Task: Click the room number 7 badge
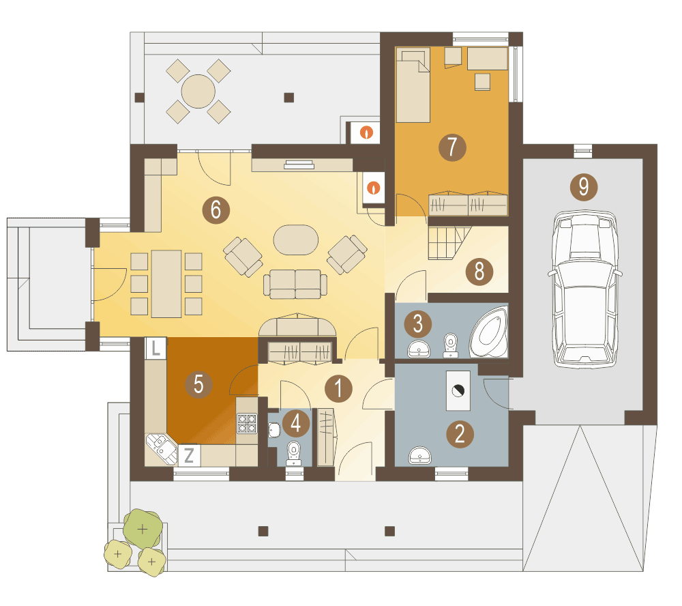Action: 452,147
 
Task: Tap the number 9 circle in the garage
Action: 584,187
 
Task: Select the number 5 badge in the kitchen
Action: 198,385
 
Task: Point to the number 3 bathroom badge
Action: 417,324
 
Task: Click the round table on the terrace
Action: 198,91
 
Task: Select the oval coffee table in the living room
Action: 296,240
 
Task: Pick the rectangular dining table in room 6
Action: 166,284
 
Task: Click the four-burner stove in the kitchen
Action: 247,424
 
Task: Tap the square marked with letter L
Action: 155,348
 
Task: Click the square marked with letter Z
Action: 189,455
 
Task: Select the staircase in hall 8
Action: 449,242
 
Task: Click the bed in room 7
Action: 413,85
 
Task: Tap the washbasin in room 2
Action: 419,455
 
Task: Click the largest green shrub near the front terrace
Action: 143,528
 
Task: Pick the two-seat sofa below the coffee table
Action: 295,285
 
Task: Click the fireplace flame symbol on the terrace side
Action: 366,132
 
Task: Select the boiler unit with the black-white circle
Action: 458,390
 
